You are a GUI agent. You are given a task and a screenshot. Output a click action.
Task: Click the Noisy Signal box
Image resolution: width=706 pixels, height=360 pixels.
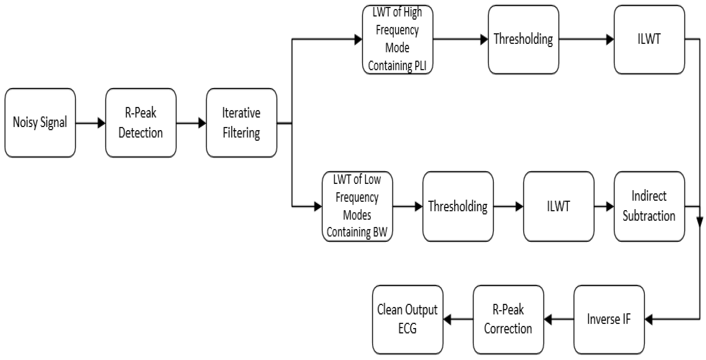pos(40,122)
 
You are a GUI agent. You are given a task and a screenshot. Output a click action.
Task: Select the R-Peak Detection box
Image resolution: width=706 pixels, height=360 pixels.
pos(141,122)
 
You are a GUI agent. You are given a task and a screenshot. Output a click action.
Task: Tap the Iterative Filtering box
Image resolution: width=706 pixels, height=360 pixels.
pos(241,122)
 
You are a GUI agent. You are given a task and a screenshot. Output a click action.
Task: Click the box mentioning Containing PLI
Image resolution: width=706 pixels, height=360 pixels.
pos(397,39)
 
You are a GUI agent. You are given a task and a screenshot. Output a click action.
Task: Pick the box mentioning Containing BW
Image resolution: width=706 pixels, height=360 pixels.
pos(357,206)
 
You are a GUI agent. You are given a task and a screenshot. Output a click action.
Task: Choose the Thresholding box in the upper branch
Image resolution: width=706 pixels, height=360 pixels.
pos(523,39)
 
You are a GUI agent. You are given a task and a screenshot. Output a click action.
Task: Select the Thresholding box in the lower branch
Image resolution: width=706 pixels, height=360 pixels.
pos(458,206)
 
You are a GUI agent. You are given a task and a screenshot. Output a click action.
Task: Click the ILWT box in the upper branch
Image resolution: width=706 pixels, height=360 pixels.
pos(649,39)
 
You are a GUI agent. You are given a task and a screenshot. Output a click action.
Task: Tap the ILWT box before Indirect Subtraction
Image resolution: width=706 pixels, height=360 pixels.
pos(559,206)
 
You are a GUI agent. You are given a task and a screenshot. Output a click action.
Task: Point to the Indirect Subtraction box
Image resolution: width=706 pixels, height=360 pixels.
pos(649,206)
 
